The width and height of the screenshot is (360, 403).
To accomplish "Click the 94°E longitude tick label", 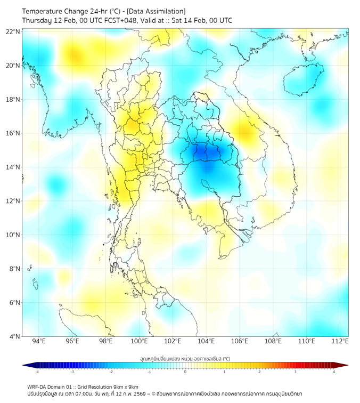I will coord(39,341).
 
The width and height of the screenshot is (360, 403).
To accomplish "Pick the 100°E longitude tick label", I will coord(139,341).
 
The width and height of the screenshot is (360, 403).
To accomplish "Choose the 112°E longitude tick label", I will coord(340,341).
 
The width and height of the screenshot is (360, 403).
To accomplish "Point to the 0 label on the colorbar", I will coord(185,372).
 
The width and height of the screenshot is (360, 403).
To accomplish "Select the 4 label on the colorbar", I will coord(333,372).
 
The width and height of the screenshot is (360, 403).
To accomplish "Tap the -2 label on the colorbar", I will coord(111,372).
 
